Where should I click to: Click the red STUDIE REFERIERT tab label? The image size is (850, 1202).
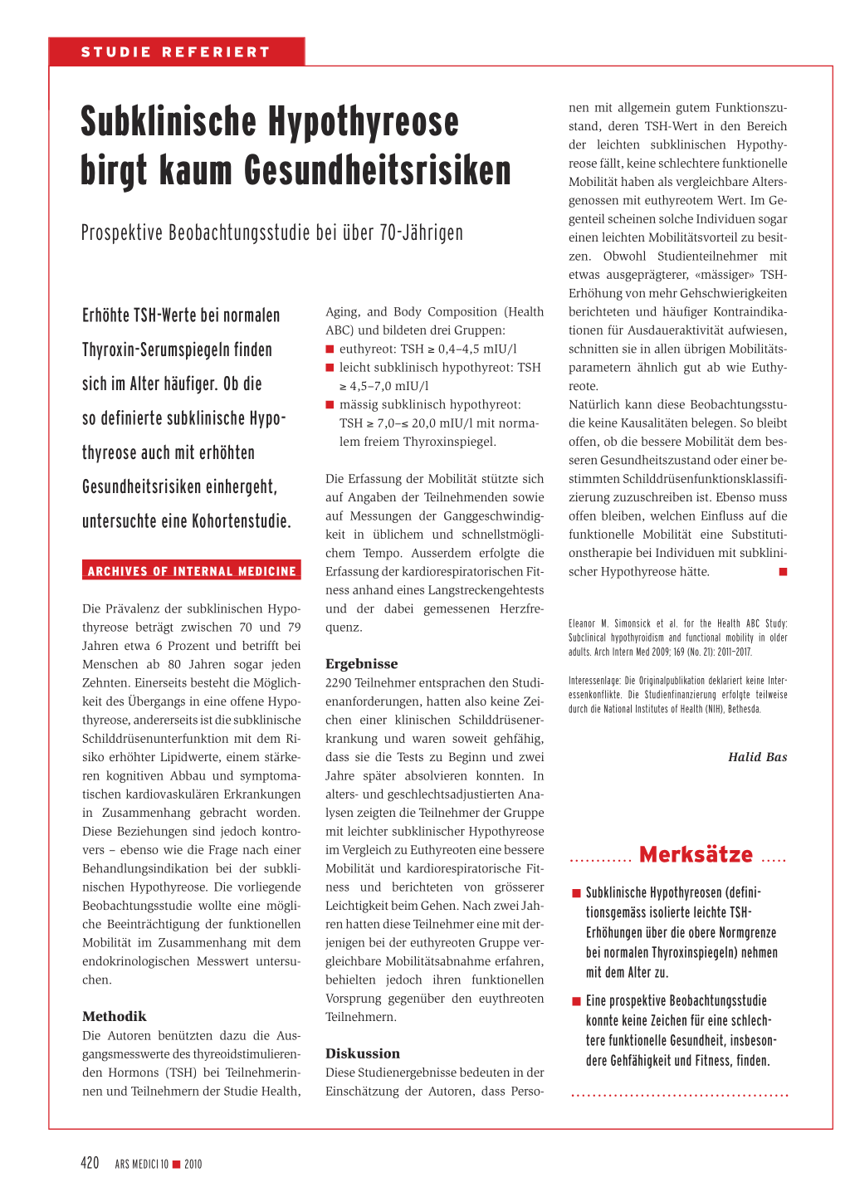[x=176, y=52]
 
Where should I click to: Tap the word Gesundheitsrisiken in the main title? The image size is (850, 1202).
[x=378, y=171]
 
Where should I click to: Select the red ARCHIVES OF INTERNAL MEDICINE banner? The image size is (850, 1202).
[x=192, y=571]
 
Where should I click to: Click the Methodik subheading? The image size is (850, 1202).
[x=115, y=1016]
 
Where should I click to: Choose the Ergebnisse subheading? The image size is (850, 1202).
[x=362, y=664]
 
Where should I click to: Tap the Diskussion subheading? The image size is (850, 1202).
[x=363, y=1053]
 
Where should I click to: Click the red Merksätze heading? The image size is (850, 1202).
[x=696, y=855]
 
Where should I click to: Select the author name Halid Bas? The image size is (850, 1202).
[x=757, y=757]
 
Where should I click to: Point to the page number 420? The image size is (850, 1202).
[x=90, y=1163]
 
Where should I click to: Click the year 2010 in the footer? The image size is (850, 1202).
[x=193, y=1165]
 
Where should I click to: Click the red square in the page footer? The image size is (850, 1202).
[x=176, y=1165]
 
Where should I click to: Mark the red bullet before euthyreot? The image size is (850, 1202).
[x=330, y=349]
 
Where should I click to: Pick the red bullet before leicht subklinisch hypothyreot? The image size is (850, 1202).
[x=330, y=368]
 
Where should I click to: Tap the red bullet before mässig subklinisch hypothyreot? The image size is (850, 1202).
[x=330, y=405]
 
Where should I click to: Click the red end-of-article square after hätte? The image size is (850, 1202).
[x=783, y=572]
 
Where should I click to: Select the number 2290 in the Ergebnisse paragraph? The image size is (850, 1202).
[x=339, y=683]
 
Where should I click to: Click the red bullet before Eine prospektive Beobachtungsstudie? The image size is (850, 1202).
[x=576, y=1001]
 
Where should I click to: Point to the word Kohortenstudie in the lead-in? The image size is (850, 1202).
[x=241, y=522]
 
